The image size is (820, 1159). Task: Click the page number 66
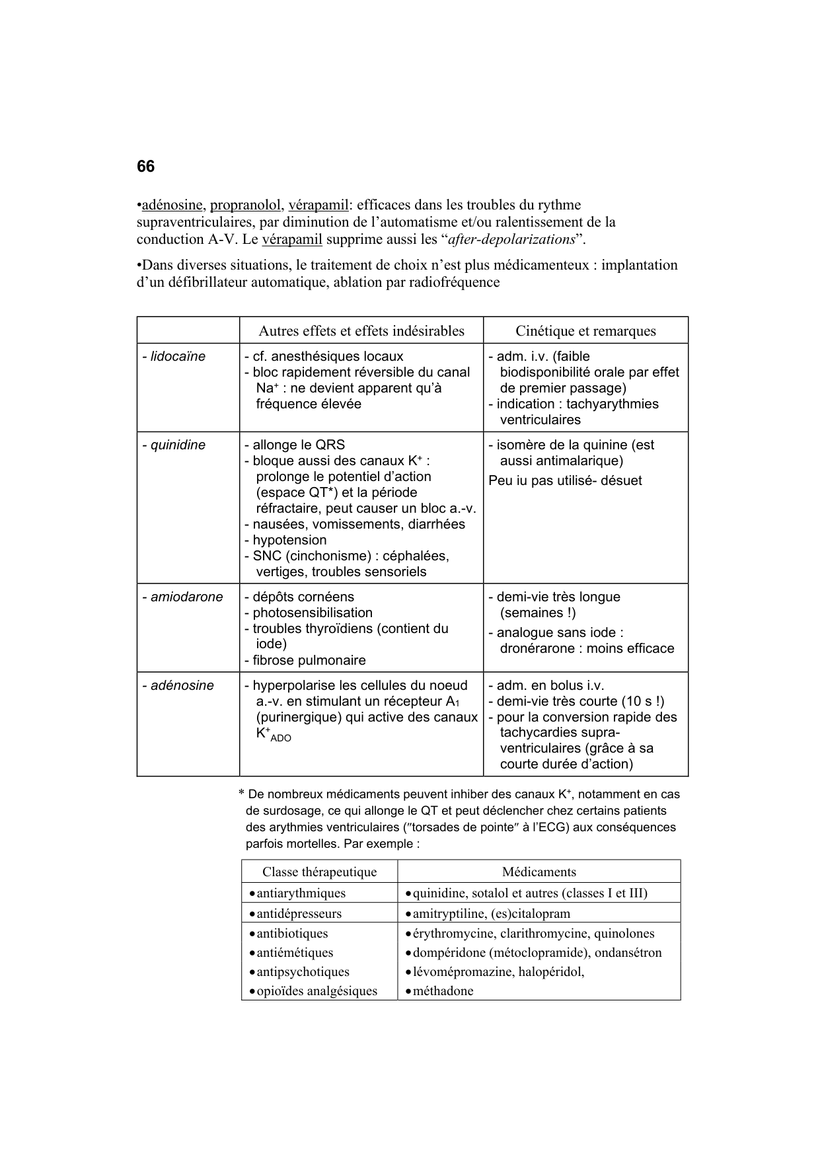(x=145, y=167)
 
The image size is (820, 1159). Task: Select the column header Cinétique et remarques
(x=585, y=331)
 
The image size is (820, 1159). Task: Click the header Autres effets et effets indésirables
(x=361, y=331)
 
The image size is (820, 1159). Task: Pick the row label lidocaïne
(x=174, y=357)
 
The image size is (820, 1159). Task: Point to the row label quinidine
(x=174, y=445)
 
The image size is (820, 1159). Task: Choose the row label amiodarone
(x=182, y=597)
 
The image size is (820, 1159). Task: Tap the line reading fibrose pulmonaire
(x=309, y=661)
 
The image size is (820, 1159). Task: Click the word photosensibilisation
(x=312, y=613)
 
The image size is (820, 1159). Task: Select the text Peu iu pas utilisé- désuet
(x=565, y=481)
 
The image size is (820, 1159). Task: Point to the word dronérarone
(x=536, y=649)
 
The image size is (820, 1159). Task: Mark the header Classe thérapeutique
(x=319, y=872)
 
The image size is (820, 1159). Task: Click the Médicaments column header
(x=539, y=872)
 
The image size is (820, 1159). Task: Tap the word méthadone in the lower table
(x=443, y=991)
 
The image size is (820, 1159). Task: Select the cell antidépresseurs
(x=299, y=914)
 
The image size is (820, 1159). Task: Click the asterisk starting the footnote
(x=242, y=794)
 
